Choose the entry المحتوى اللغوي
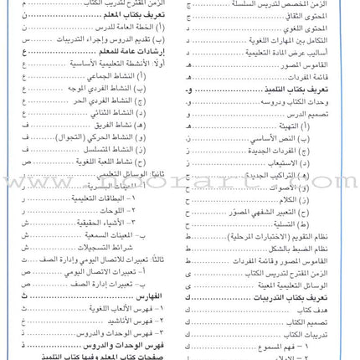(x=314, y=28)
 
